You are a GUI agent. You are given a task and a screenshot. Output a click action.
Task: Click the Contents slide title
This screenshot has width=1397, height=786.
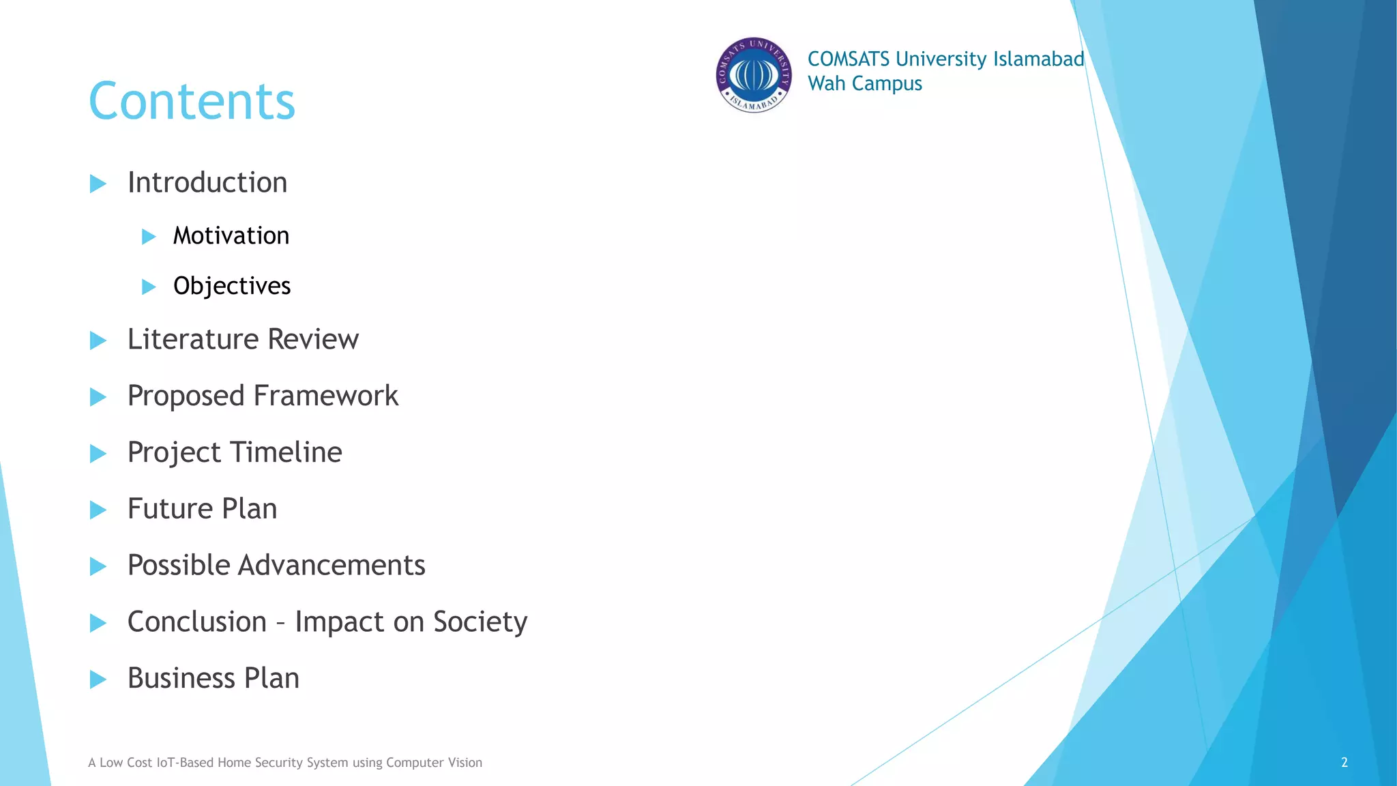point(192,101)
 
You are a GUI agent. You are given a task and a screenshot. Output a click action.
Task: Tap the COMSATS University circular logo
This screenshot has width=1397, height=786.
point(754,75)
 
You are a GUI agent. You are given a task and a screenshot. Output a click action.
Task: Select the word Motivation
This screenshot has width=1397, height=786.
point(231,236)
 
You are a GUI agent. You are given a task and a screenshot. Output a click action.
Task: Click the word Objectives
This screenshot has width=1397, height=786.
point(232,286)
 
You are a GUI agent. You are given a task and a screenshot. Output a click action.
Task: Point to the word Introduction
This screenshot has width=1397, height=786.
point(207,183)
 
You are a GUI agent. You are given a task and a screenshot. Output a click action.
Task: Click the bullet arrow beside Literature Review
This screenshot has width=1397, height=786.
point(98,340)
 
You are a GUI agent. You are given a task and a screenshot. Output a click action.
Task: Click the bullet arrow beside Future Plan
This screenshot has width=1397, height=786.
point(98,510)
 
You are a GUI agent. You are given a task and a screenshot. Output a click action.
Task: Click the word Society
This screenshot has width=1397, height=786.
point(480,622)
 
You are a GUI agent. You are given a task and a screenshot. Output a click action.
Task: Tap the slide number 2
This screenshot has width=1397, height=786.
point(1344,763)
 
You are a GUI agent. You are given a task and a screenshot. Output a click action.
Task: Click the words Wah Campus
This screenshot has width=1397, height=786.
point(864,84)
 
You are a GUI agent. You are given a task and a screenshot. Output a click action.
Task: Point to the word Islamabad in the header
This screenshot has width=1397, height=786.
point(1038,59)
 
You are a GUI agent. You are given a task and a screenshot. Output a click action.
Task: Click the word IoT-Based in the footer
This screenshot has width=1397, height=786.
point(185,763)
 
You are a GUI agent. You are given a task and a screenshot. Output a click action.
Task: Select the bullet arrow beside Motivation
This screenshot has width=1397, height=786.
point(149,237)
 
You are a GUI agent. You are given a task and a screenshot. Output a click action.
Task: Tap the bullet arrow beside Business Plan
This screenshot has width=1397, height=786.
point(98,680)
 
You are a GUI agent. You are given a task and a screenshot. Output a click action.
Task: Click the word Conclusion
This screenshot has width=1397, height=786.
point(197,622)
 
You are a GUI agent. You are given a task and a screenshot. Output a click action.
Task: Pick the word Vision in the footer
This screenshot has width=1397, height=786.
point(465,763)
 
